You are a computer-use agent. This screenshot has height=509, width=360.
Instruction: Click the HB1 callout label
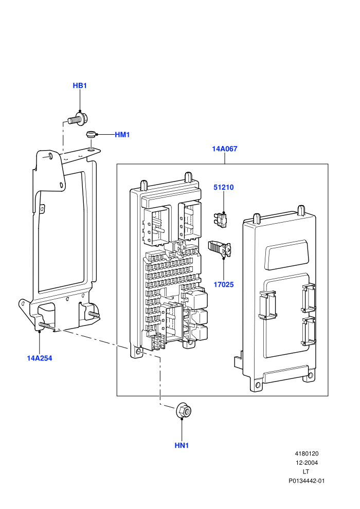point(80,86)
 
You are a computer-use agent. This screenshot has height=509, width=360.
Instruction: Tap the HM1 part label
point(122,135)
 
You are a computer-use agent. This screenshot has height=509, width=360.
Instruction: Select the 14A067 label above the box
point(225,149)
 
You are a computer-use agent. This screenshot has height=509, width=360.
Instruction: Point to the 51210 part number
point(223,187)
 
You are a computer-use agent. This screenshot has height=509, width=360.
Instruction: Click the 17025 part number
point(223,285)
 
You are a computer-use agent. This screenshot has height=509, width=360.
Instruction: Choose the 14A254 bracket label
point(39,358)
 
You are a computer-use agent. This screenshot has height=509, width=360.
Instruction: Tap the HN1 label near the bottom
point(182,446)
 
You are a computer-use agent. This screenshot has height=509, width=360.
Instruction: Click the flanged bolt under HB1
point(77,119)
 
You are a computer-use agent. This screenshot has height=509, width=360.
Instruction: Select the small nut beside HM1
point(90,134)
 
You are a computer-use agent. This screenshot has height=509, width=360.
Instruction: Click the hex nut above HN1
point(184,411)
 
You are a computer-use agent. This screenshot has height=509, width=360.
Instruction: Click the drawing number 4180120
point(307,454)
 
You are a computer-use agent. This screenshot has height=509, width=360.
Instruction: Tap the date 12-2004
point(307,463)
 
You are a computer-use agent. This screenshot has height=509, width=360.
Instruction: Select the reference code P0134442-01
point(307,481)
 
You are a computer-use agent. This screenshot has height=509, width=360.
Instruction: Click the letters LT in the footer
point(306,472)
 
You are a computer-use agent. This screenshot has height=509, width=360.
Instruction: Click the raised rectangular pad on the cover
point(286,255)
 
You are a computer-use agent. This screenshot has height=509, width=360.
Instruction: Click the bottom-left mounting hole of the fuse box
point(139,352)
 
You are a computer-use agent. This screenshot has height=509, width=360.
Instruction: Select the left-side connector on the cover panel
point(267,305)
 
